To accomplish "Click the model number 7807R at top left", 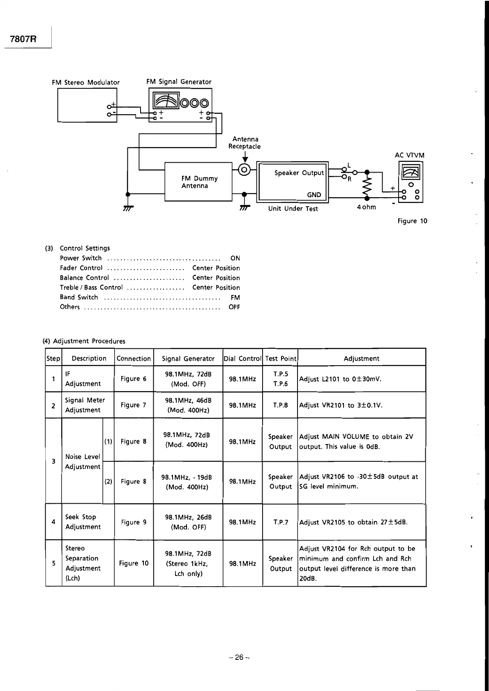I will [23, 39].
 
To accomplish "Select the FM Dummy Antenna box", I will [199, 182].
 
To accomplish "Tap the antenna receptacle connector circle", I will [244, 169].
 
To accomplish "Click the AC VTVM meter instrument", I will [411, 182].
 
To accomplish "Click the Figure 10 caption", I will [412, 221].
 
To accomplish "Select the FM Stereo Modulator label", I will [85, 82].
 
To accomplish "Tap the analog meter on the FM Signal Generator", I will [166, 101].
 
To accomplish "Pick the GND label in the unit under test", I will [314, 195].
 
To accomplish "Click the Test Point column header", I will [280, 358].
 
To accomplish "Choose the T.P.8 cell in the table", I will [280, 405].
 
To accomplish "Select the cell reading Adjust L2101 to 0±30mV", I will [340, 379].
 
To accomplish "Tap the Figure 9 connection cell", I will [134, 522].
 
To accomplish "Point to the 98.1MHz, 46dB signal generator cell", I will [188, 405].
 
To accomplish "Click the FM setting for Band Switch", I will [235, 297].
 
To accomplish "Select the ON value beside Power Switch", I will [235, 258].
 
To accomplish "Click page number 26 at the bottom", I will [239, 657].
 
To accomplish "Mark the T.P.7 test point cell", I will [280, 522].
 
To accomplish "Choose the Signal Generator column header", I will [188, 358].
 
